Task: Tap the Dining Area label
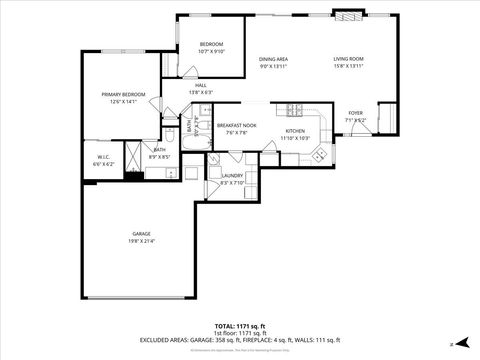tap(273, 59)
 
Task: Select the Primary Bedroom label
tap(123, 94)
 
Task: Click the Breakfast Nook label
tap(236, 125)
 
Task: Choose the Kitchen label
tap(294, 131)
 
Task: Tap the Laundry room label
tap(232, 176)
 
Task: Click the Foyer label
tap(355, 113)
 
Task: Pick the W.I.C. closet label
tap(104, 157)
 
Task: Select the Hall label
tap(200, 85)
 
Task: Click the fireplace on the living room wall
tap(348, 15)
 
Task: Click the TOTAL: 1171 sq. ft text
tap(240, 326)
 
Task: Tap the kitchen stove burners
tap(295, 109)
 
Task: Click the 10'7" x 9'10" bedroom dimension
tap(211, 52)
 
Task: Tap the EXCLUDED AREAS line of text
tap(240, 341)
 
